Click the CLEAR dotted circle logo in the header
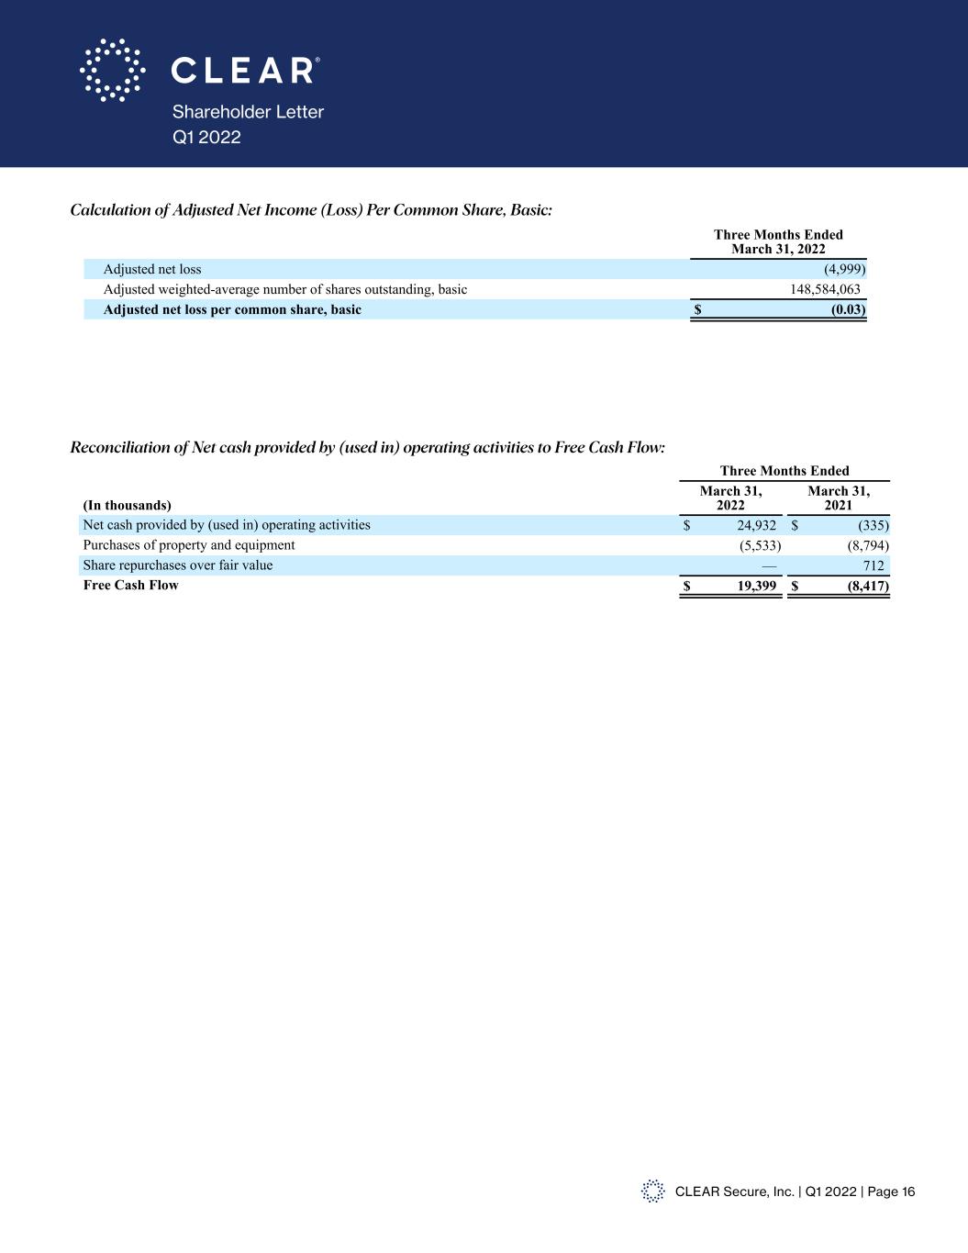click(112, 70)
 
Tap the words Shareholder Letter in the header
click(248, 112)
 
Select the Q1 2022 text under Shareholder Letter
click(206, 137)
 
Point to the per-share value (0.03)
click(848, 309)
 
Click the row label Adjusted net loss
click(152, 269)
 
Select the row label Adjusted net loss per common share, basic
click(232, 309)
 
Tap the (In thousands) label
click(127, 505)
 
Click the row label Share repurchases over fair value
click(177, 565)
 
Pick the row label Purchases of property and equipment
click(189, 545)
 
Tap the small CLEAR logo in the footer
click(652, 1191)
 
